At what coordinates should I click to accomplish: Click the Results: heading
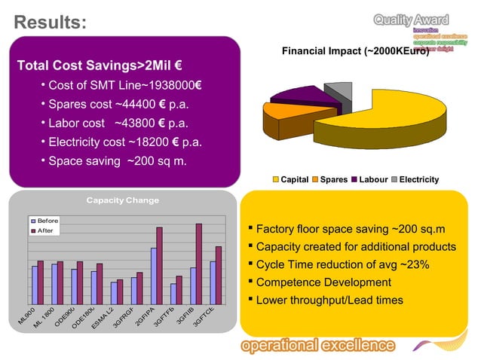click(50, 23)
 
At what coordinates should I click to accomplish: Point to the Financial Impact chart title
click(354, 52)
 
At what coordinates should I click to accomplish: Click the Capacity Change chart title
click(123, 200)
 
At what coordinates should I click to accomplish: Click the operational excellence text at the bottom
click(317, 345)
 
